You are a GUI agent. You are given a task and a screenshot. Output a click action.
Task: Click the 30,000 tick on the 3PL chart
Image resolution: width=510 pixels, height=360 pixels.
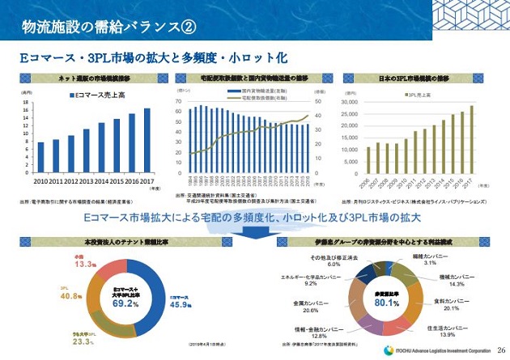355,91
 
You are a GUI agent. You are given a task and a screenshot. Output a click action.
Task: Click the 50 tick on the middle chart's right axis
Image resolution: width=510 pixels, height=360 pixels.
318,90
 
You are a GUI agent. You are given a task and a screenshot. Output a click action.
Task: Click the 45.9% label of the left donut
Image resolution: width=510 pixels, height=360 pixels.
181,303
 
